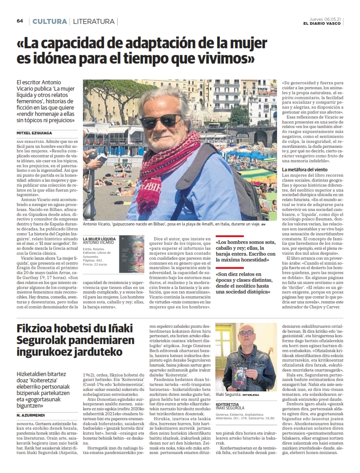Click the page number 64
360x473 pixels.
(20, 21)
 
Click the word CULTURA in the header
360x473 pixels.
(50, 21)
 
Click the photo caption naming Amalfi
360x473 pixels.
(171, 225)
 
